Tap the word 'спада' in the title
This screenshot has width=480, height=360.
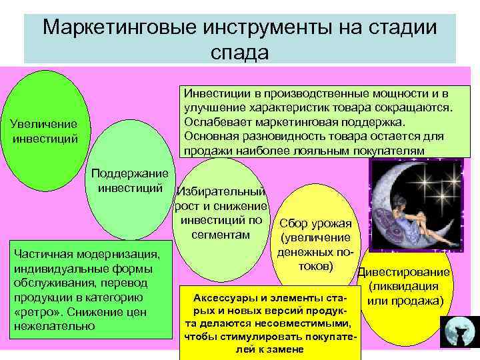240,52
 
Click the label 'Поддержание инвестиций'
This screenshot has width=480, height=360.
130,181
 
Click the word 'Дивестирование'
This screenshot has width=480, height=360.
404,273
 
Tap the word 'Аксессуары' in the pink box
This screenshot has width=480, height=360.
221,297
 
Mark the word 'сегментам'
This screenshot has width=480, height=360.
220,235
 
